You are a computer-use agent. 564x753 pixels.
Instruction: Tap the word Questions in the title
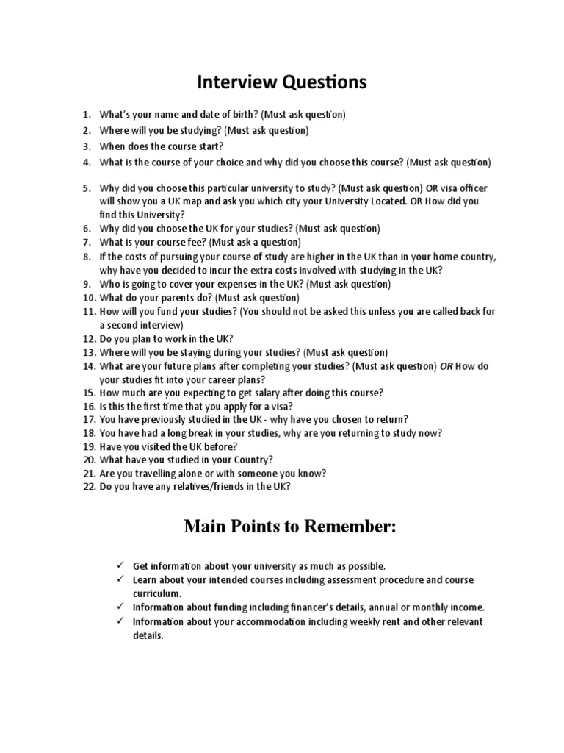click(323, 82)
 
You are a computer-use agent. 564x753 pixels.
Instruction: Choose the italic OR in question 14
click(446, 365)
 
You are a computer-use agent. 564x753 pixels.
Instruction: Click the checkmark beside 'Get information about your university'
click(118, 565)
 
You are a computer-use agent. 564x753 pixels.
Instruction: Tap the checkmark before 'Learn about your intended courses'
click(118, 579)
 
